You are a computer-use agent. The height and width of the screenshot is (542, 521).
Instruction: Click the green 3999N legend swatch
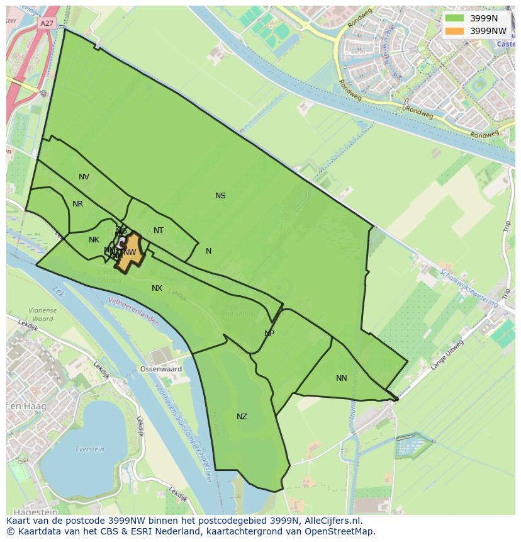click(454, 18)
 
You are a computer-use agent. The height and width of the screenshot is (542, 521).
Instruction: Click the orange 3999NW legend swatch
click(454, 31)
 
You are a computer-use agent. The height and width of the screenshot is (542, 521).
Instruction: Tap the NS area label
click(220, 196)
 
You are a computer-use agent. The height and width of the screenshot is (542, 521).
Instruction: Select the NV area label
click(84, 177)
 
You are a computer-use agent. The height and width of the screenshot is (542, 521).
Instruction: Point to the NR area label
click(77, 204)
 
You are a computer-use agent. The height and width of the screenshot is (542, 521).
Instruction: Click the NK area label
click(94, 240)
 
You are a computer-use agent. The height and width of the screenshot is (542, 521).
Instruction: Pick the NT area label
click(159, 230)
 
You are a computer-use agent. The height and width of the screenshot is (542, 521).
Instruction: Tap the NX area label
click(157, 288)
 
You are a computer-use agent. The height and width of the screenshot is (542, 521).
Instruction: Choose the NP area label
click(269, 334)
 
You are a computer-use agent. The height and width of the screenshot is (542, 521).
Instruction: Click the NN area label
click(342, 378)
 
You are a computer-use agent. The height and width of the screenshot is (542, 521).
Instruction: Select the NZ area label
click(242, 417)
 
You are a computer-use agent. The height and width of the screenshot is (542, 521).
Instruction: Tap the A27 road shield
click(47, 23)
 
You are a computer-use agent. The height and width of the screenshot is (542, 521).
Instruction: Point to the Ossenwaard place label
click(160, 370)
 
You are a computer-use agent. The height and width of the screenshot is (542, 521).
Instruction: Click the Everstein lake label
click(89, 449)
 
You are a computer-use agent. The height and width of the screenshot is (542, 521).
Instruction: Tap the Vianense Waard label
click(42, 314)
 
